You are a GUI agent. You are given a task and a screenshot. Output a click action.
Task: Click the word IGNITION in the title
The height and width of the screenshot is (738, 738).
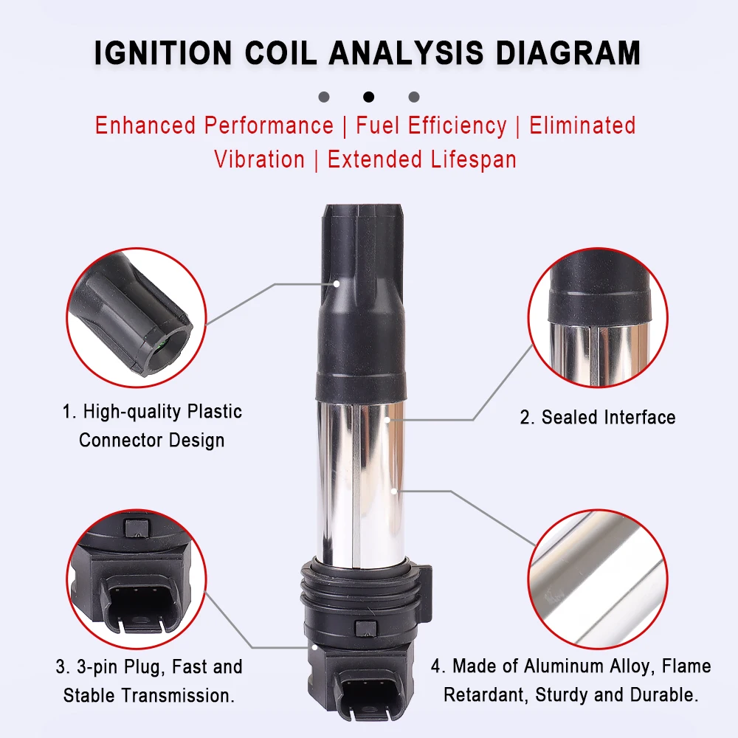(163, 52)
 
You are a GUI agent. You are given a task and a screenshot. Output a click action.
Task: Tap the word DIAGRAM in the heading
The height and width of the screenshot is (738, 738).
(568, 52)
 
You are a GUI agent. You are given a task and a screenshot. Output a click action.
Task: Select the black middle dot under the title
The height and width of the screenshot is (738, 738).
(368, 97)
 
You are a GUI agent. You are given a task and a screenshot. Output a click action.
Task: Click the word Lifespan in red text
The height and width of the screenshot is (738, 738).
(474, 159)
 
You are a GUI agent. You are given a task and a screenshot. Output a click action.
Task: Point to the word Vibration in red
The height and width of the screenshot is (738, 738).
(259, 159)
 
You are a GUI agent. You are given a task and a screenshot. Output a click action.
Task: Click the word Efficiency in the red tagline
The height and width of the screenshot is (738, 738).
(457, 126)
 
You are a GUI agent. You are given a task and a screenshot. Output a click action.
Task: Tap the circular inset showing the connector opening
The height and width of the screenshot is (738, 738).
(137, 317)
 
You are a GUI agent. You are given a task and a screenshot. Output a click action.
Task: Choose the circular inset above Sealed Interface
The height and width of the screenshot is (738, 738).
(598, 317)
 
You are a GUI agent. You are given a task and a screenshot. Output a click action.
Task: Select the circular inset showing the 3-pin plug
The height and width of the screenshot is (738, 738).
(137, 579)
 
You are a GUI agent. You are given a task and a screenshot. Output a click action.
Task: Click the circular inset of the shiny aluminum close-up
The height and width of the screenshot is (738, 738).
(598, 579)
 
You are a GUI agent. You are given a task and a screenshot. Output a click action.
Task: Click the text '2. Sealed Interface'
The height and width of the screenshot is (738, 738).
(598, 418)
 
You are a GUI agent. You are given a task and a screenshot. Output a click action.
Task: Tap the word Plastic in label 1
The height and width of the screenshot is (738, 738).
(215, 411)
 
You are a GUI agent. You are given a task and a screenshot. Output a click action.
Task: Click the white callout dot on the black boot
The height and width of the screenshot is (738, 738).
(337, 284)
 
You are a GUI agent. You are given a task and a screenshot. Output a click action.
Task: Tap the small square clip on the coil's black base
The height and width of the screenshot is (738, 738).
(366, 628)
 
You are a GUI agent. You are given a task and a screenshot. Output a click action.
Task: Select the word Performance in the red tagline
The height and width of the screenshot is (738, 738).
(269, 125)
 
